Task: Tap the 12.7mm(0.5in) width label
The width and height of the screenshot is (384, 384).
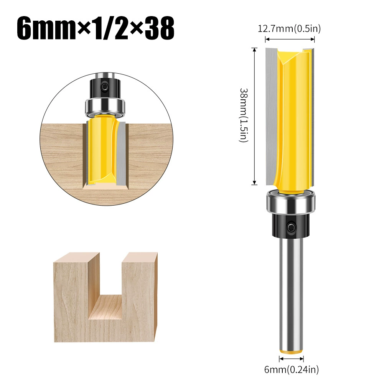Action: (x=289, y=29)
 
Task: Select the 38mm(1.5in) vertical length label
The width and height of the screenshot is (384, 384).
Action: (x=244, y=115)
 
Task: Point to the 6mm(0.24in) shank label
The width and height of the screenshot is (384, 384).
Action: (x=292, y=369)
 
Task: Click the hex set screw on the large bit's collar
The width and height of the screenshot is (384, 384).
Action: (x=292, y=227)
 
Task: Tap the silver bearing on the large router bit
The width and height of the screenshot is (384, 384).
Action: (x=291, y=201)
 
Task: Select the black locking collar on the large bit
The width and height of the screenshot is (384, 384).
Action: (x=291, y=225)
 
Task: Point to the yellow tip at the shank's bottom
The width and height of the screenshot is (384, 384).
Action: (x=291, y=352)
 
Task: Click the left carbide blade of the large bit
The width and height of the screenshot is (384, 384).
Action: (x=271, y=116)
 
